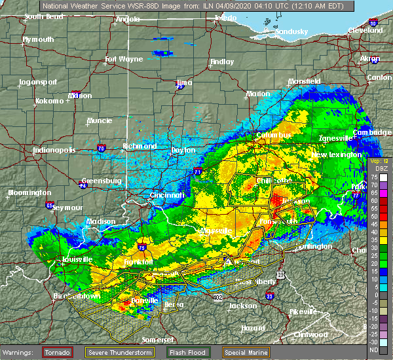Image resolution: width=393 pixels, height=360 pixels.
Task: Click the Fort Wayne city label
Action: pyautogui.click(x=124, y=60)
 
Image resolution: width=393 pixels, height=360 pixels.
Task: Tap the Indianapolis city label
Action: pyautogui.click(x=55, y=150)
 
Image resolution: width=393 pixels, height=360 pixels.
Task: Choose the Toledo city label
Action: pyautogui.click(x=225, y=19)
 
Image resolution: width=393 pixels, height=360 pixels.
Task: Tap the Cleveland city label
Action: pyautogui.click(x=365, y=30)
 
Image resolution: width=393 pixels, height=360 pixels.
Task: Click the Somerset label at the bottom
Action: pyautogui.click(x=159, y=339)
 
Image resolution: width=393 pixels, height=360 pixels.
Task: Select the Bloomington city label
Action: pyautogui.click(x=29, y=192)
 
